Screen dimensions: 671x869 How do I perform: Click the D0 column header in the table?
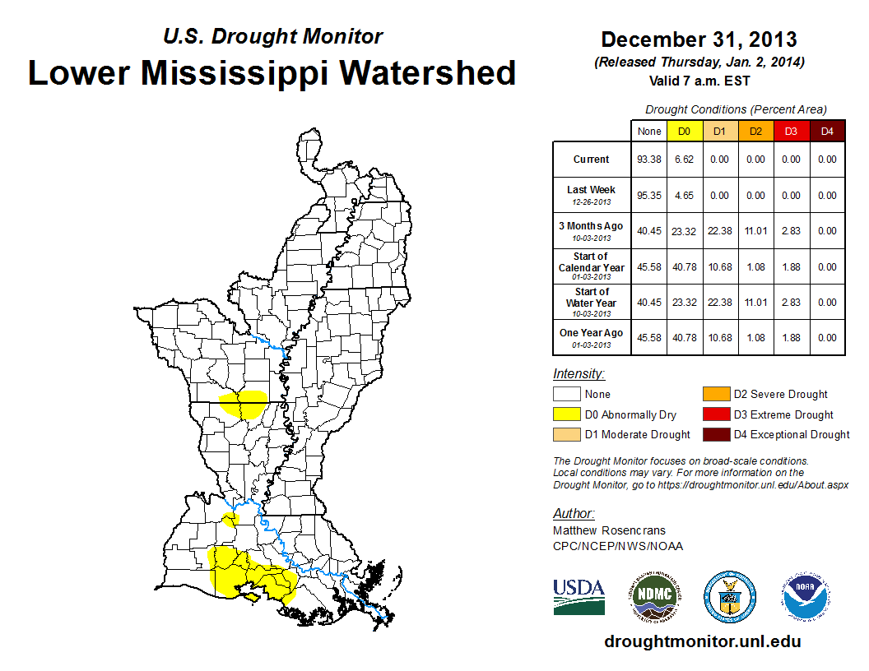pyautogui.click(x=684, y=132)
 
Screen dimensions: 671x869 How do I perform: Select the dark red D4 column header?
pyautogui.click(x=826, y=132)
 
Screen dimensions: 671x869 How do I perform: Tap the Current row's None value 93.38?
pyautogui.click(x=648, y=160)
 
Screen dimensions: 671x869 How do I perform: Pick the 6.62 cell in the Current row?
pyautogui.click(x=684, y=160)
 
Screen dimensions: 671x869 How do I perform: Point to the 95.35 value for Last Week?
pyautogui.click(x=648, y=196)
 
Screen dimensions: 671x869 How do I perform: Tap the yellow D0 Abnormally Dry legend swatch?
pyautogui.click(x=566, y=414)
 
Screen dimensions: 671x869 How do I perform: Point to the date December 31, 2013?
pyautogui.click(x=699, y=39)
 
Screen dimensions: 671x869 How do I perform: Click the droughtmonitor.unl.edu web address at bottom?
pyautogui.click(x=702, y=641)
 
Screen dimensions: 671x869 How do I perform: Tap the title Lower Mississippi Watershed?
pyautogui.click(x=272, y=72)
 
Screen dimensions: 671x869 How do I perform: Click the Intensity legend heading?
pyautogui.click(x=579, y=374)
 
